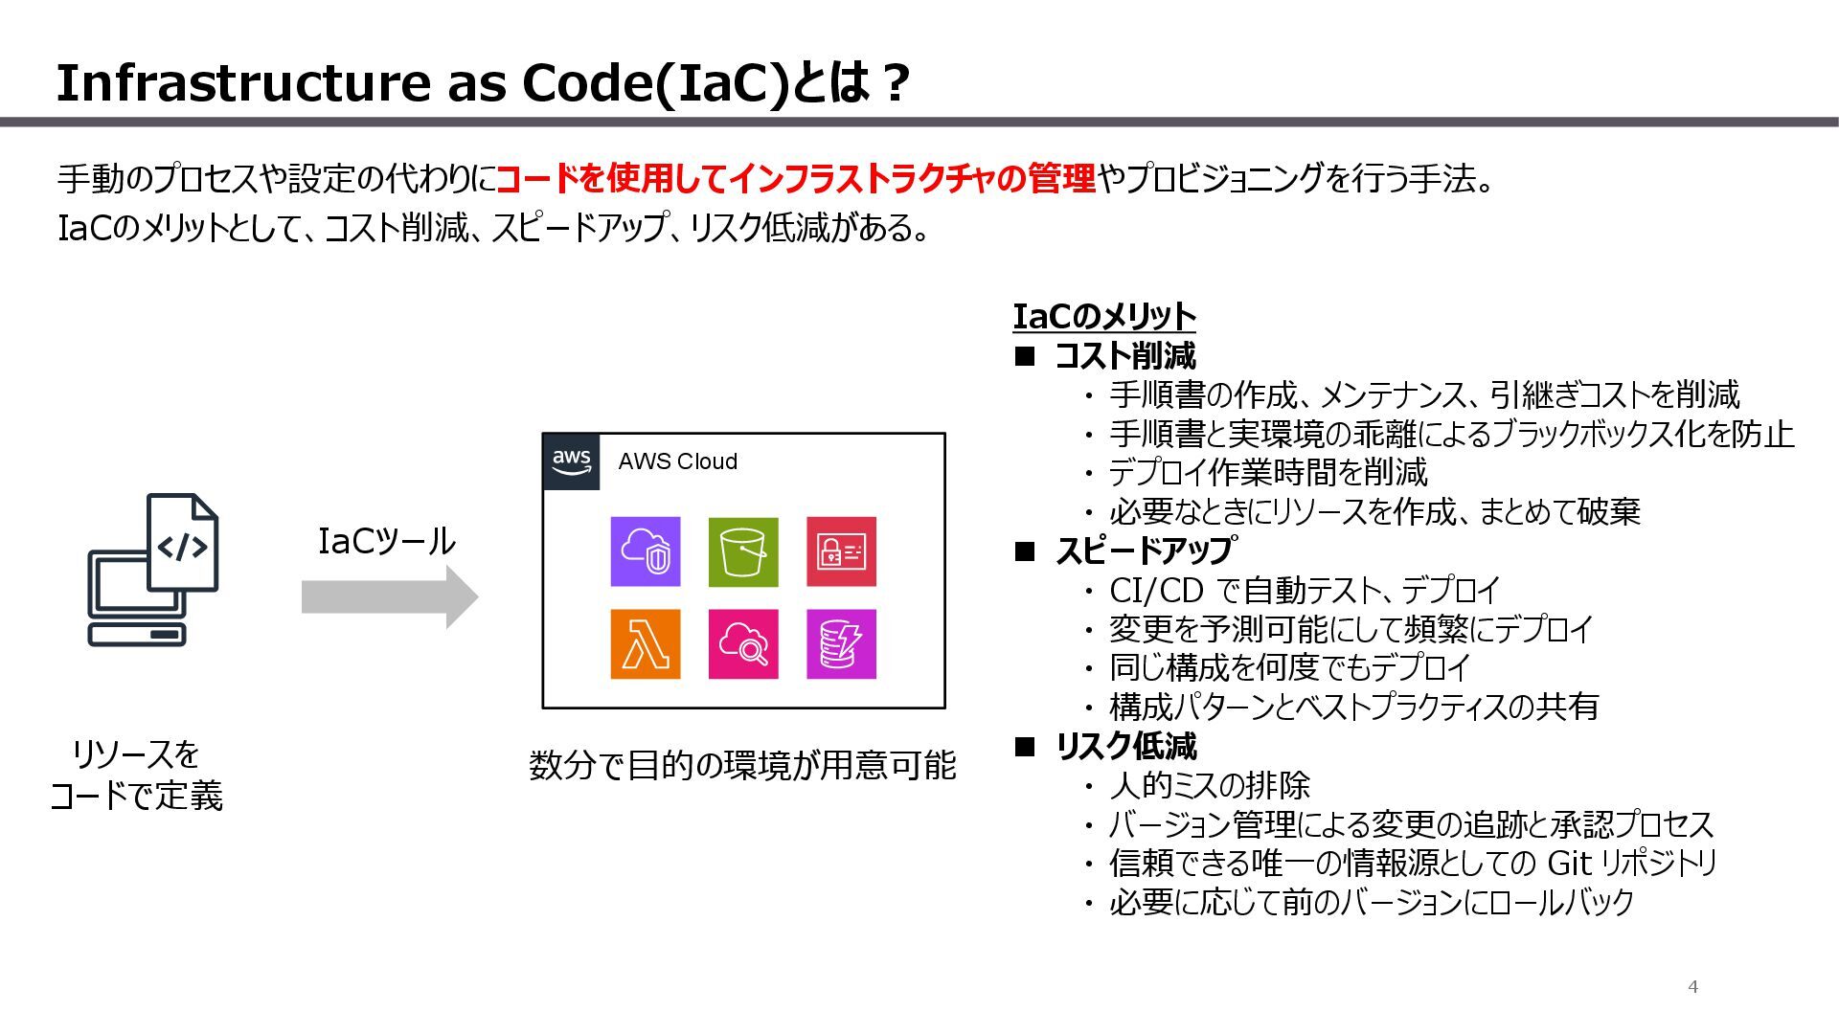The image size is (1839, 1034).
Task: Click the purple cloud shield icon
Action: (646, 551)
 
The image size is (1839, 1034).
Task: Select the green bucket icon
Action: (743, 551)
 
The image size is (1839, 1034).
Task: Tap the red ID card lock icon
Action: (841, 551)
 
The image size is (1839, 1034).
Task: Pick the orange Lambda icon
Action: (646, 643)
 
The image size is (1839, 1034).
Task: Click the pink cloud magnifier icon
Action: (743, 643)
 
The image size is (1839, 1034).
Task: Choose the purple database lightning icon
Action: (841, 643)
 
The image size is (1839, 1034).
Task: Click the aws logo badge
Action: (571, 461)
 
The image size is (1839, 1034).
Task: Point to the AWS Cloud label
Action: (678, 461)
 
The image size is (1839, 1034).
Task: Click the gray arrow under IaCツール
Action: (389, 596)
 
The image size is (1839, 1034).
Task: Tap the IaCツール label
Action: (387, 542)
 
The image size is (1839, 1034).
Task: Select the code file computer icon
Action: (153, 570)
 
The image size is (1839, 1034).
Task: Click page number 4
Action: (1692, 987)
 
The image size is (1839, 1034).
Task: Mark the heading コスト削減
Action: (1124, 356)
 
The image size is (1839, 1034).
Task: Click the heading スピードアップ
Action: (1144, 551)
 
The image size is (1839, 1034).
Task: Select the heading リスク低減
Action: (1125, 747)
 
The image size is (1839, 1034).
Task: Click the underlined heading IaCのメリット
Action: (1104, 317)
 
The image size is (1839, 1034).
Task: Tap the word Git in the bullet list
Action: (1569, 864)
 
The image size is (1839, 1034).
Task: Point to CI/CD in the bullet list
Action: (1156, 591)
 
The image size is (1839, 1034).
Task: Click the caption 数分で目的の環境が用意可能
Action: (742, 766)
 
